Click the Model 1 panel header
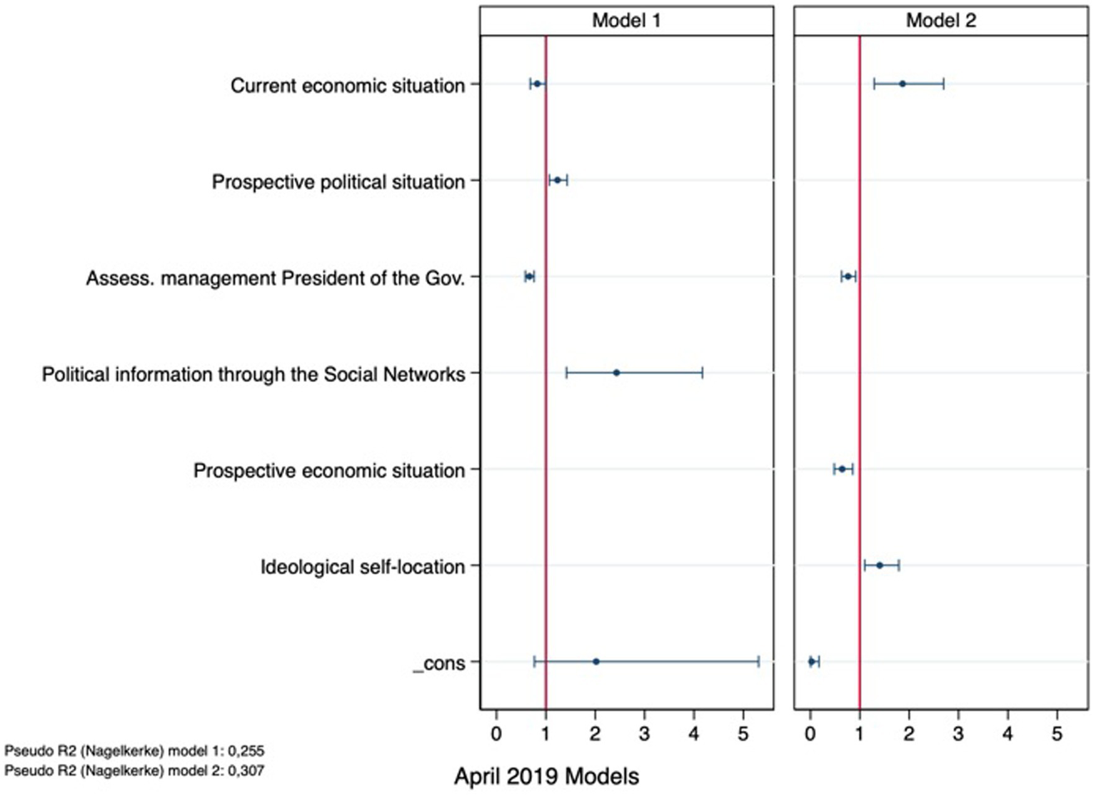(626, 21)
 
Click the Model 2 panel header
(940, 21)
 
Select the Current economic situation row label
(347, 86)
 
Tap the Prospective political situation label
(338, 182)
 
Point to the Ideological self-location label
(362, 567)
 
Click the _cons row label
(439, 663)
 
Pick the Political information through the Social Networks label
(253, 374)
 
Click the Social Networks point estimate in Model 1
(616, 373)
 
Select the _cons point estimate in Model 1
(596, 662)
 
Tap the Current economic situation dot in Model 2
(903, 84)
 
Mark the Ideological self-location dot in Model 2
(880, 565)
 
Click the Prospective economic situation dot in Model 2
(842, 469)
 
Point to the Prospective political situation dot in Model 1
(558, 180)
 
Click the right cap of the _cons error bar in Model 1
(758, 662)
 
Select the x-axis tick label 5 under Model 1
(744, 733)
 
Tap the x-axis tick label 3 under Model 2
(958, 733)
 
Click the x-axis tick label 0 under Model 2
(810, 733)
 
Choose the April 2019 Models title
(546, 776)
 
